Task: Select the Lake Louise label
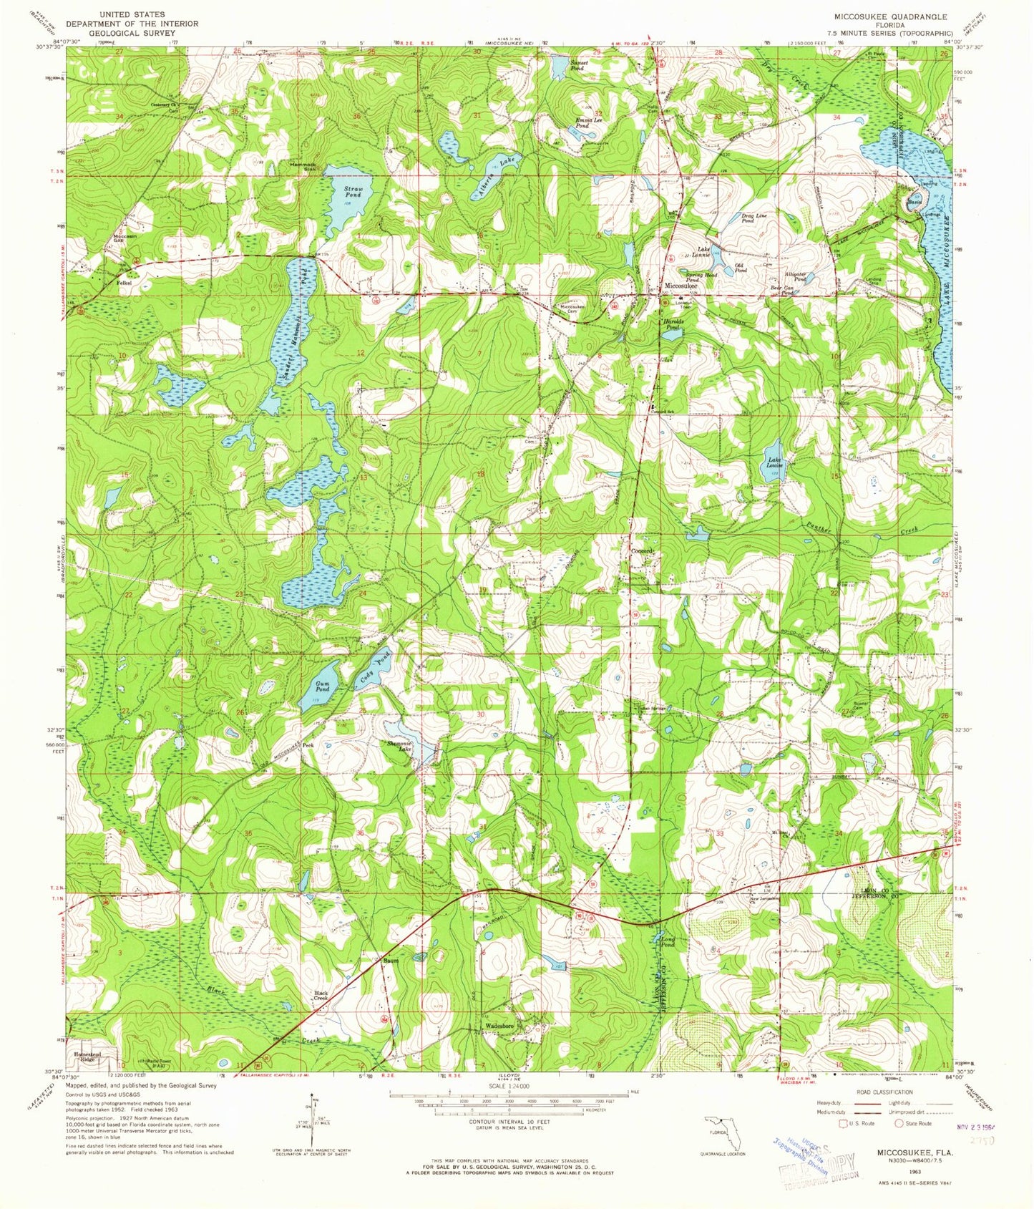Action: (775, 462)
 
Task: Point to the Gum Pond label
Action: (323, 686)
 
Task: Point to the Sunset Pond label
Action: (578, 63)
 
